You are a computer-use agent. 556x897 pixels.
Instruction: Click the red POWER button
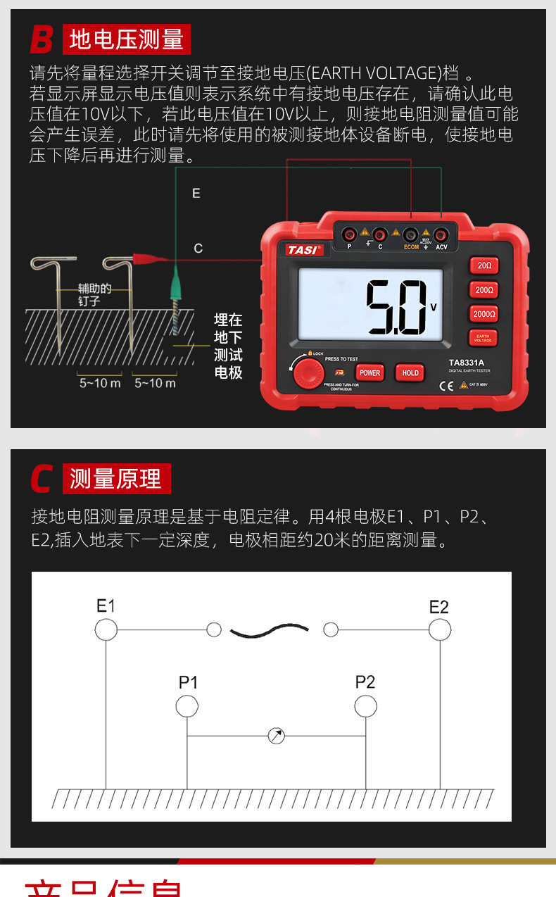pos(369,372)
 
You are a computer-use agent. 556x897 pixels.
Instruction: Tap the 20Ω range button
pos(484,265)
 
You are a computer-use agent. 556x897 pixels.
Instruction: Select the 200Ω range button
pos(484,289)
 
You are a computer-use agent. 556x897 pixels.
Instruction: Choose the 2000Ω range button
pos(484,314)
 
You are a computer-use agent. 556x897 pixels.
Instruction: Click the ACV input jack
pos(441,234)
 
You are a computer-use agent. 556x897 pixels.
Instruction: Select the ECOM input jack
pos(411,234)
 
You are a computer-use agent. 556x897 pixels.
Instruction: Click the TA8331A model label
pos(467,363)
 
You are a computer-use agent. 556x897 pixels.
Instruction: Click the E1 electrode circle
pos(106,629)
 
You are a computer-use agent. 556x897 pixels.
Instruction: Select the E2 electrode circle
pos(440,629)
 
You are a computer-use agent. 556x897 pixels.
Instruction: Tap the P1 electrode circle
pos(187,705)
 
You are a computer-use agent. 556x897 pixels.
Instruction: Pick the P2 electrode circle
pos(365,705)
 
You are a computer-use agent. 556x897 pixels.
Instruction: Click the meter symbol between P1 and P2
pos(277,736)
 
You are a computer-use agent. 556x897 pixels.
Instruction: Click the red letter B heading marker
pos(42,39)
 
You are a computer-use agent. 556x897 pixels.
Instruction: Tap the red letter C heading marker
pos(42,479)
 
